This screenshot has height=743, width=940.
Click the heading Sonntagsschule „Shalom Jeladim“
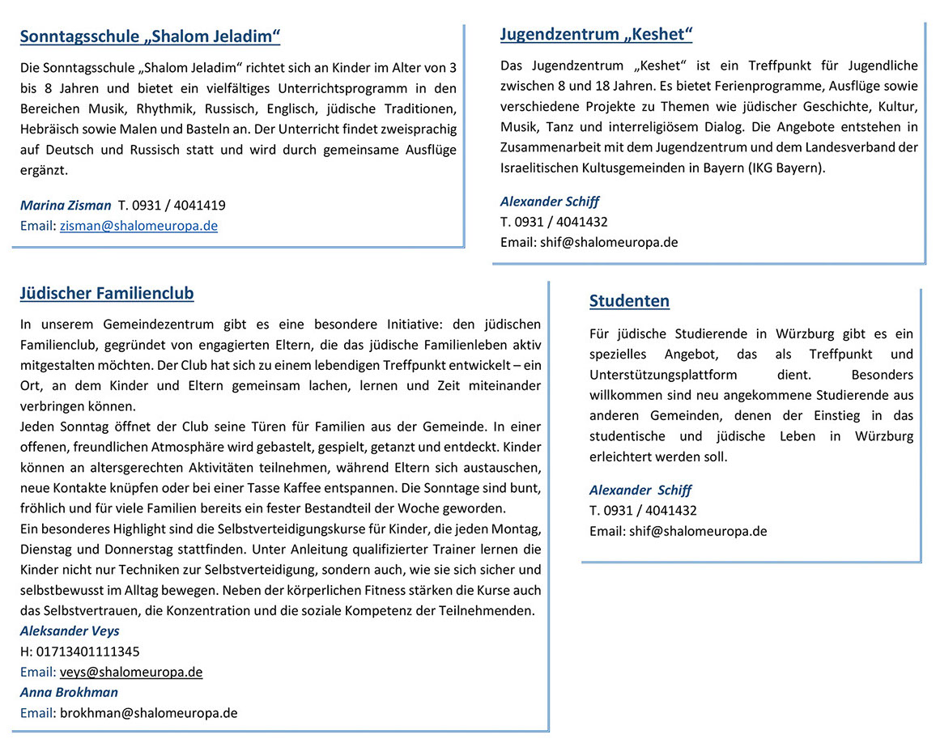[x=150, y=36]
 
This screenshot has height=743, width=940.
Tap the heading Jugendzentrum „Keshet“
[x=596, y=34]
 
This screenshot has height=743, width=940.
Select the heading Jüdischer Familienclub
[x=106, y=293]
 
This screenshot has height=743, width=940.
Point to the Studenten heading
[x=629, y=301]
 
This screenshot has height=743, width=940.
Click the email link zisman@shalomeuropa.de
[x=138, y=226]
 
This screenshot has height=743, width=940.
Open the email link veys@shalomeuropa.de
[x=131, y=672]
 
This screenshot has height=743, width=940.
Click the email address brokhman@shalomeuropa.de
[x=148, y=713]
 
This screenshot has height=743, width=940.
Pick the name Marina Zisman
[x=66, y=206]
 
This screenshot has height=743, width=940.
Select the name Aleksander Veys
[x=70, y=630]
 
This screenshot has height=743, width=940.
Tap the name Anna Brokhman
[x=69, y=692]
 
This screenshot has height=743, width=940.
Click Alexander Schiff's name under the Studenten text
[x=640, y=490]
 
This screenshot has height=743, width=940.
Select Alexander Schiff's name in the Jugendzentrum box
[x=550, y=202]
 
